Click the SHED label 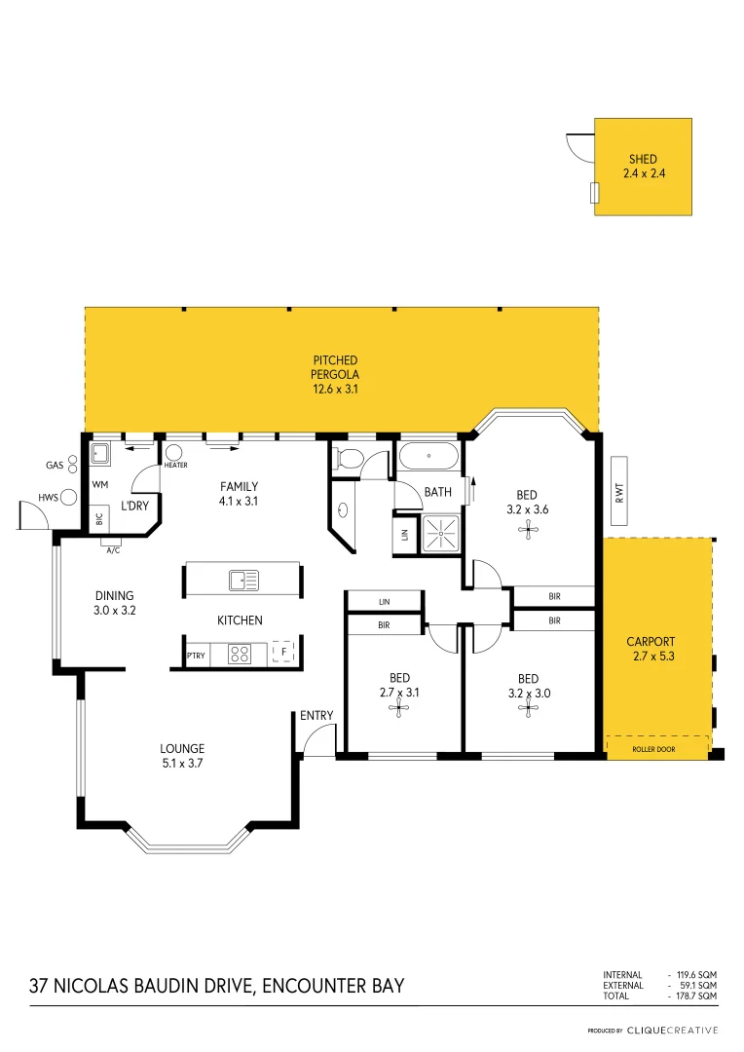pyautogui.click(x=643, y=159)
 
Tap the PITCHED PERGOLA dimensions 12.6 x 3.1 pyautogui.click(x=335, y=389)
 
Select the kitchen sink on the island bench pyautogui.click(x=243, y=580)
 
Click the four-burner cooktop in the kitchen pyautogui.click(x=240, y=654)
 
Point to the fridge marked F pyautogui.click(x=283, y=652)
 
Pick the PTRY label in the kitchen pyautogui.click(x=196, y=656)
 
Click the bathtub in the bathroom pyautogui.click(x=428, y=456)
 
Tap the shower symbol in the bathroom pyautogui.click(x=441, y=534)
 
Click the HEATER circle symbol pyautogui.click(x=173, y=452)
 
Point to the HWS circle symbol pyautogui.click(x=68, y=497)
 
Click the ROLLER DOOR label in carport pyautogui.click(x=653, y=749)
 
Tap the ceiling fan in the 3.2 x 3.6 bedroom pyautogui.click(x=528, y=531)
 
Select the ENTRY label pyautogui.click(x=316, y=715)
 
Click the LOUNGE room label pyautogui.click(x=182, y=748)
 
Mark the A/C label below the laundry pyautogui.click(x=113, y=550)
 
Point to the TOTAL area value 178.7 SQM pyautogui.click(x=696, y=996)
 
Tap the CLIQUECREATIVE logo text pyautogui.click(x=672, y=1031)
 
